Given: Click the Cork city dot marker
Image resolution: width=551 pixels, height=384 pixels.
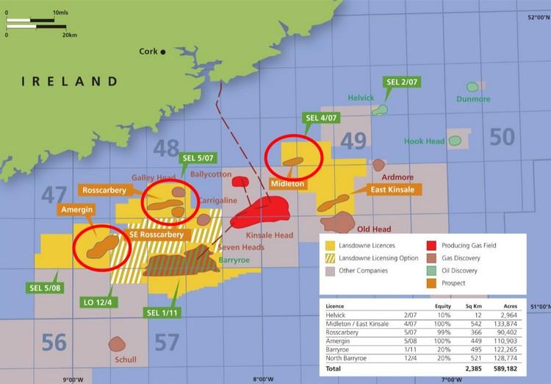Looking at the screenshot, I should tap(164, 51).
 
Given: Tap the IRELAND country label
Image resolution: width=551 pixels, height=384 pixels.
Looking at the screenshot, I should tap(69, 82).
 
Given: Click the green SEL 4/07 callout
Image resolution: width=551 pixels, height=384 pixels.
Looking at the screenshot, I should tap(321, 118).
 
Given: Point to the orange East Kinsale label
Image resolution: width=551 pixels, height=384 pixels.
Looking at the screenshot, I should tap(392, 190).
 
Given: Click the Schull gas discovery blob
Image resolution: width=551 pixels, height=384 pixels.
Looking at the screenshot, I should tap(116, 344).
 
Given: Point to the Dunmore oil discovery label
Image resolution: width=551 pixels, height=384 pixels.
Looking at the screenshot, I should tap(472, 99).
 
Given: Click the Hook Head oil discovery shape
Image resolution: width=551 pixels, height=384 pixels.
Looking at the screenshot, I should tap(455, 140).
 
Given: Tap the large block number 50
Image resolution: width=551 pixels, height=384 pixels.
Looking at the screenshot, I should tap(502, 137).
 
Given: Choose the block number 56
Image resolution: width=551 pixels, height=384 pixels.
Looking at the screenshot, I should tap(54, 342).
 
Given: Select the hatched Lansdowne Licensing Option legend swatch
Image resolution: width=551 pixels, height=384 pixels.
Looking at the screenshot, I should tap(331, 258).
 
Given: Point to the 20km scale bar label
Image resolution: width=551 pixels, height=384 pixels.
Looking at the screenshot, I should tap(70, 35).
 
